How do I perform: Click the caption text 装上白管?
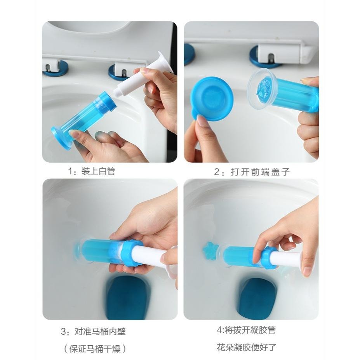(98, 171)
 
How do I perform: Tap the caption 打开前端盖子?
(260, 172)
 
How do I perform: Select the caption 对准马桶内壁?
(100, 332)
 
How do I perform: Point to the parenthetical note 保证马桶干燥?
(95, 349)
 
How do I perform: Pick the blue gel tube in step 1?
(83, 119)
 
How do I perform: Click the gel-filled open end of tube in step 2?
(264, 87)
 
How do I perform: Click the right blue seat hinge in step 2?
(264, 57)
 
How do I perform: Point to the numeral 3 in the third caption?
(64, 332)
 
